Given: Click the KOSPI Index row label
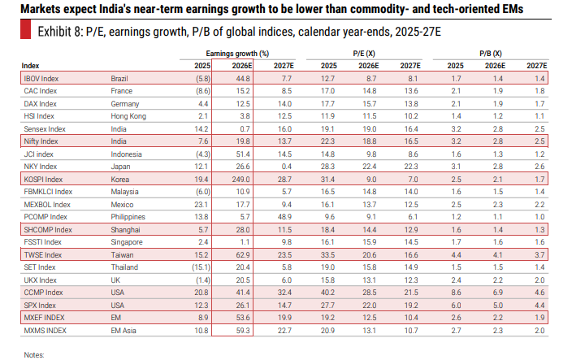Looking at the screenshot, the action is (43, 180).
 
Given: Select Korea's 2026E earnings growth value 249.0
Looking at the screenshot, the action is (240, 180).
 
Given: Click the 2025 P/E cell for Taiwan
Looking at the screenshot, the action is (327, 255).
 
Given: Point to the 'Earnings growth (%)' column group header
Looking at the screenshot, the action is (237, 54).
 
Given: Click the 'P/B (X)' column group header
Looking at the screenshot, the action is (491, 54).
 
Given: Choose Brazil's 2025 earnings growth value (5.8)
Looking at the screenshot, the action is (203, 79).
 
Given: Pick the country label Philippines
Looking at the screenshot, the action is (128, 217).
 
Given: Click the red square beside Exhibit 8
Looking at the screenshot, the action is (25, 30).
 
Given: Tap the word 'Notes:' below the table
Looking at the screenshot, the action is (34, 355).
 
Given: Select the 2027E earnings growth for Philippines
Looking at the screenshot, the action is (284, 217).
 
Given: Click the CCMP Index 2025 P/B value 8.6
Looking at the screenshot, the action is (456, 293).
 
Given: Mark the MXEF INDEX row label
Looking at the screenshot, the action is (44, 318).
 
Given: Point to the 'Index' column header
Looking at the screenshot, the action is (30, 66).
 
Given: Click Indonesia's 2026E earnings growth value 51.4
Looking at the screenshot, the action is (243, 154).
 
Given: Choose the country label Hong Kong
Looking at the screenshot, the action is (128, 116).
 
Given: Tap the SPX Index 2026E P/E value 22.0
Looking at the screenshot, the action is (369, 306).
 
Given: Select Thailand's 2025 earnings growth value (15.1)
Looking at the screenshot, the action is (201, 267).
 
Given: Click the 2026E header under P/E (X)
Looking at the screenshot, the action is (368, 66).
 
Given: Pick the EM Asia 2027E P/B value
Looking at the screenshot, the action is (539, 331).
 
